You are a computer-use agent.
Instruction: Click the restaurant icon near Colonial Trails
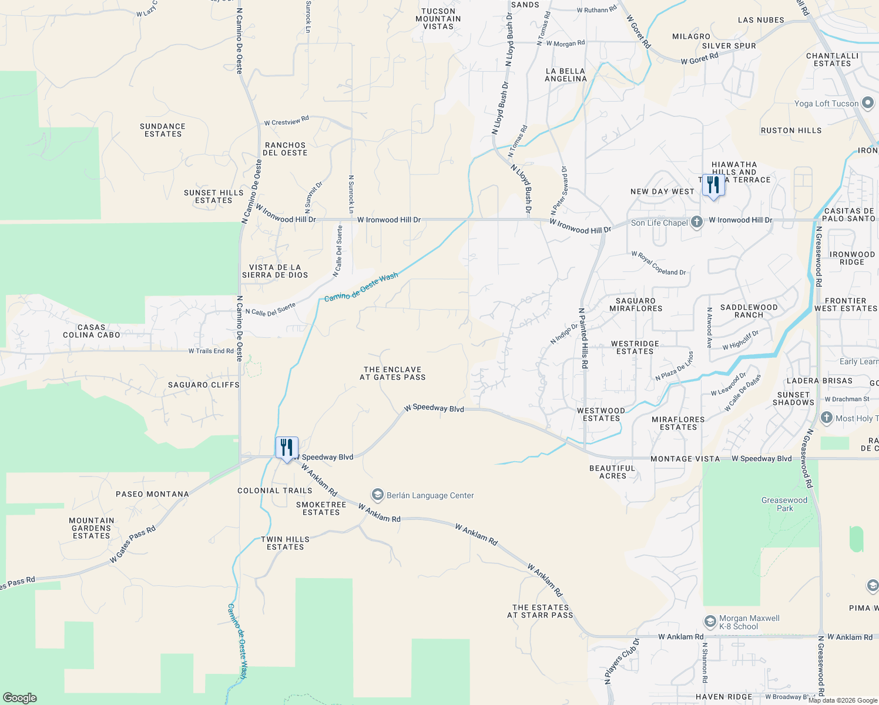click(x=287, y=448)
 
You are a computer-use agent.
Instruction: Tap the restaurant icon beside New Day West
click(x=713, y=186)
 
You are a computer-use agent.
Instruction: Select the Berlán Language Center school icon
click(x=378, y=495)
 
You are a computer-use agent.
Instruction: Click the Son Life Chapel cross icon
click(x=697, y=222)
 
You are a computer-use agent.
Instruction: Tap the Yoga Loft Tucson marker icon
click(x=868, y=103)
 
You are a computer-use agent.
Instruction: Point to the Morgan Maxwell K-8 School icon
click(x=710, y=622)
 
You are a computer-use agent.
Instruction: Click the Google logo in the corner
click(x=19, y=698)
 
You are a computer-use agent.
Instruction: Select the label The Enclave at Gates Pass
click(x=392, y=374)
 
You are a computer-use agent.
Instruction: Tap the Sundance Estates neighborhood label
click(x=163, y=130)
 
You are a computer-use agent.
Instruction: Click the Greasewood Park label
click(x=784, y=504)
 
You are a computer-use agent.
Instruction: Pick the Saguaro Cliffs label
click(x=204, y=385)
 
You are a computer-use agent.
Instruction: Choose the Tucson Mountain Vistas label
click(x=438, y=19)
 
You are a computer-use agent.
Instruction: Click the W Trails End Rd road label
click(x=211, y=351)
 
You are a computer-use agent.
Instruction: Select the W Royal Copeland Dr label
click(x=658, y=263)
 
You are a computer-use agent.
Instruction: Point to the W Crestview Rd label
click(x=286, y=121)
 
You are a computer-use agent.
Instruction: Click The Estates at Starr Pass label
click(x=540, y=611)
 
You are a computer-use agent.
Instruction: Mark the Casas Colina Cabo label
click(x=92, y=331)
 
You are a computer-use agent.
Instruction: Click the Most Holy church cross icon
click(x=827, y=418)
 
